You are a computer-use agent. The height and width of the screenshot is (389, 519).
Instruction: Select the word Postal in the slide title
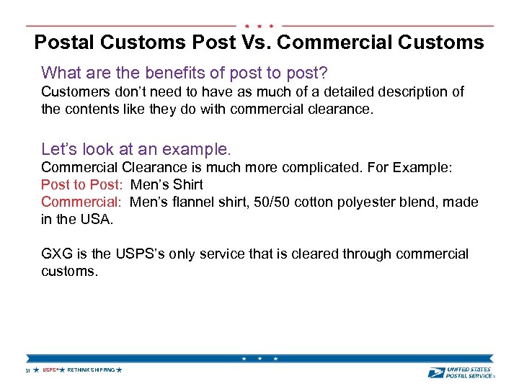click(64, 43)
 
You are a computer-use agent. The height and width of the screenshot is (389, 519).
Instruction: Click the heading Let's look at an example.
click(136, 150)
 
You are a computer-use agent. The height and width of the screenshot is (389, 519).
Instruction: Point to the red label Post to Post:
click(82, 184)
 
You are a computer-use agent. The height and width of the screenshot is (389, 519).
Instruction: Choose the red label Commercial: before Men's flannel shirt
click(82, 202)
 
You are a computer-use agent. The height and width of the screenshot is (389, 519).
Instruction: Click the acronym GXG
click(57, 254)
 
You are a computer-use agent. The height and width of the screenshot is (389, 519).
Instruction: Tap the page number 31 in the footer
click(27, 370)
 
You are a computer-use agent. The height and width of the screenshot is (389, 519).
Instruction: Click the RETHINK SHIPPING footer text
click(91, 370)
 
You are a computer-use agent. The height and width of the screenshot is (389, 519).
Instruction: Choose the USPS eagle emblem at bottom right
click(436, 372)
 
